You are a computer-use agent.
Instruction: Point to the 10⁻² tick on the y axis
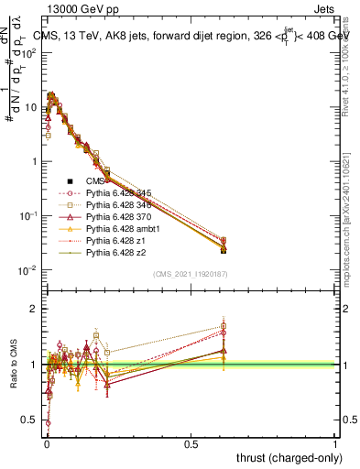[x=30, y=270]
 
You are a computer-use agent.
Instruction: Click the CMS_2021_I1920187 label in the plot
[x=190, y=274]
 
